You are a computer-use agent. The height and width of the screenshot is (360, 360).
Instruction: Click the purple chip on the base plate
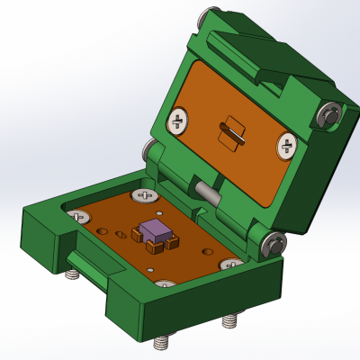click(157, 231)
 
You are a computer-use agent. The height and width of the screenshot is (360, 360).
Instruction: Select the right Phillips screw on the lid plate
click(288, 144)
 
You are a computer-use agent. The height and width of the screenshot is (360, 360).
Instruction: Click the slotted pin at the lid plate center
click(232, 132)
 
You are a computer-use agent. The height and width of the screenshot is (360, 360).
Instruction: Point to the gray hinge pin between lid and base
click(208, 193)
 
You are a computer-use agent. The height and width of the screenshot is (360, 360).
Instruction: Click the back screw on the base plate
click(144, 194)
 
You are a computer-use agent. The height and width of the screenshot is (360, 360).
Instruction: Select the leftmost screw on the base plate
click(79, 216)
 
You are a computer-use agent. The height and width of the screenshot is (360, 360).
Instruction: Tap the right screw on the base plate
click(230, 265)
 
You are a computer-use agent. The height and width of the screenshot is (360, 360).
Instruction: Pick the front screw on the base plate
click(165, 285)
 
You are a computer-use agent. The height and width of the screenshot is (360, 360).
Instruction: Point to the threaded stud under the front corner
click(162, 343)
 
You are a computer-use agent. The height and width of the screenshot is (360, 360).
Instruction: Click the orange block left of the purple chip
click(137, 235)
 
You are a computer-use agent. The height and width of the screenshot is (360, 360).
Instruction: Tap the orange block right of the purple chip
click(173, 242)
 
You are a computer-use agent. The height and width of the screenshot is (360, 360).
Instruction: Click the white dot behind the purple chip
click(159, 212)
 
